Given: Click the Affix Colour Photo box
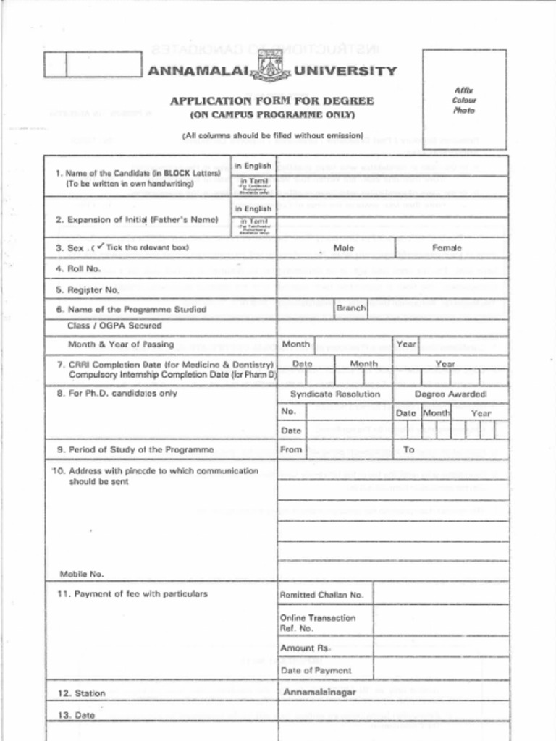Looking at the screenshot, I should click(x=465, y=99).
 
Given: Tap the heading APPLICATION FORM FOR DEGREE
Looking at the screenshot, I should click(x=271, y=101).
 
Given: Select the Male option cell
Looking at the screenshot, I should click(x=343, y=248).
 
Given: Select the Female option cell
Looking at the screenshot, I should click(x=447, y=248).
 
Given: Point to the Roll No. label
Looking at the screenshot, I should click(x=84, y=268).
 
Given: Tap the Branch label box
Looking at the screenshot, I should click(x=351, y=308).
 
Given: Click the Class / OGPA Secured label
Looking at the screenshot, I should click(x=114, y=326).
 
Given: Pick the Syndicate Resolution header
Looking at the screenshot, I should click(x=335, y=394).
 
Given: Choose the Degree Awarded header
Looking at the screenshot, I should click(x=450, y=394).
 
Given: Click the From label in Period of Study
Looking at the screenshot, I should click(x=291, y=449).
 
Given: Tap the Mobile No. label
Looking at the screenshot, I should click(x=82, y=574).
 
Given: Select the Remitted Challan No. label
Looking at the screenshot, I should click(x=321, y=595).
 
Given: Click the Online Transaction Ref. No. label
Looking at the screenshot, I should click(x=318, y=623).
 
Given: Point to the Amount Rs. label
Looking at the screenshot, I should click(x=305, y=648).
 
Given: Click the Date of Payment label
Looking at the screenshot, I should click(x=315, y=670).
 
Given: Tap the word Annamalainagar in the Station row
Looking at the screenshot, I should click(x=319, y=693).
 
